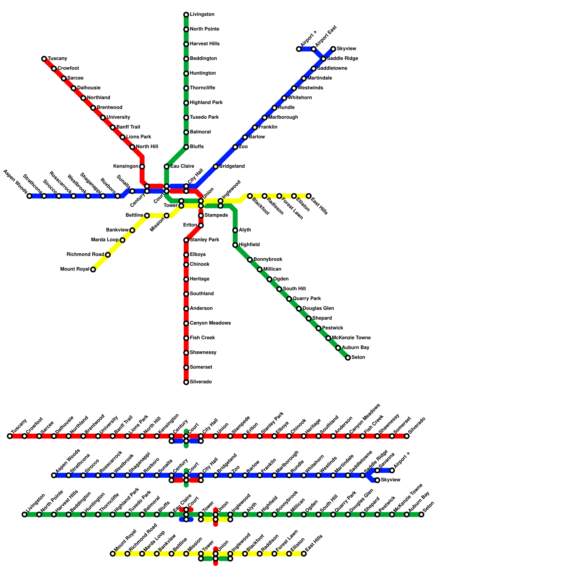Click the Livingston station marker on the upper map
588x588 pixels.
(186, 15)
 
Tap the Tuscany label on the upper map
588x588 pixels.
(57, 59)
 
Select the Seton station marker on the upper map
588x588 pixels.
(348, 358)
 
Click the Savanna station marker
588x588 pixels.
(377, 470)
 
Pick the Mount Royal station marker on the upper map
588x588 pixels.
(93, 269)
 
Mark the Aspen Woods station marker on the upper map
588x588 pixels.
(29, 196)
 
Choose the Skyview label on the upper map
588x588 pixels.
(346, 49)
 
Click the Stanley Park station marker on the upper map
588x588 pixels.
(186, 240)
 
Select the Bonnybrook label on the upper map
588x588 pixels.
(268, 259)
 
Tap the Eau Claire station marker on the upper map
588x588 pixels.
(166, 166)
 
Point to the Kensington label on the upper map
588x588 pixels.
(126, 166)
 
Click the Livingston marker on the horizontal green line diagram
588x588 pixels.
(25, 514)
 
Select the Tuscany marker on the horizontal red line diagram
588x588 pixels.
(10, 436)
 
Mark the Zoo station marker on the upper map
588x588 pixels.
(235, 147)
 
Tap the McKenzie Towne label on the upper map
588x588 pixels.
(351, 338)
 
